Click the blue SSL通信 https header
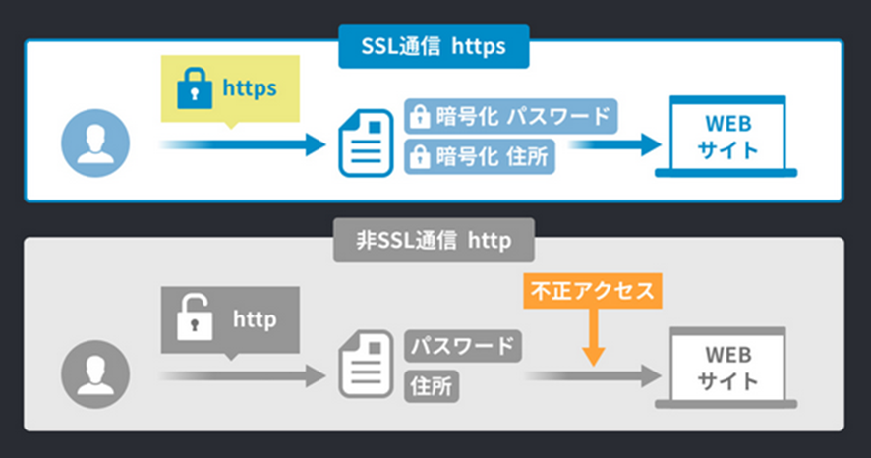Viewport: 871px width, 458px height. [434, 45]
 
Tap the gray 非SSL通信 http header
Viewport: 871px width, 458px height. [434, 239]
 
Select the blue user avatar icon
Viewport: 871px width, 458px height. [95, 143]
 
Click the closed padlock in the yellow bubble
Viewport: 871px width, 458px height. [195, 89]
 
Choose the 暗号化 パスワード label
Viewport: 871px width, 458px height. [509, 117]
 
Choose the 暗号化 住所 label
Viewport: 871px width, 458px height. [479, 155]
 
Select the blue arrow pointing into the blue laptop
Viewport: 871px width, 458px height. [614, 144]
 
